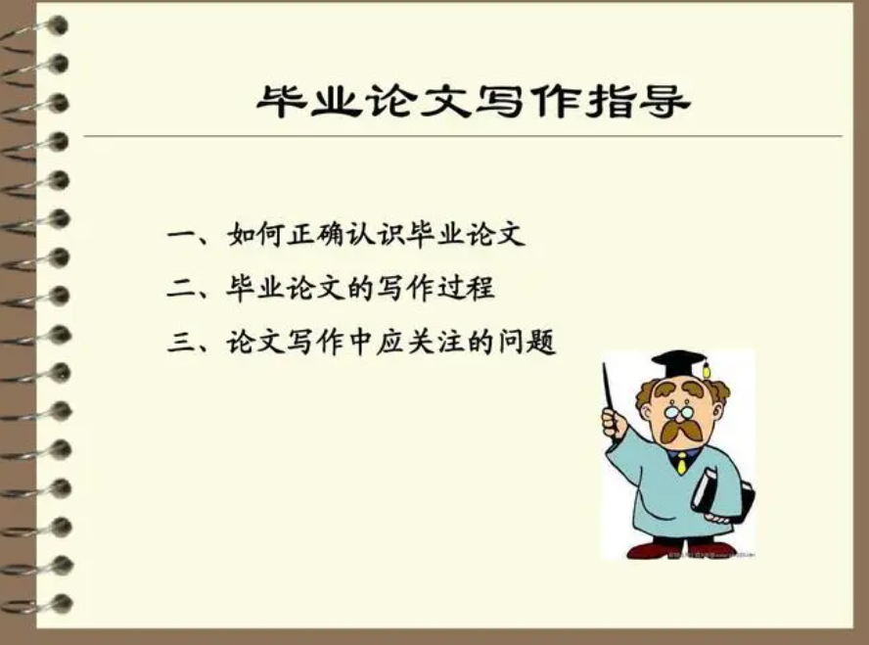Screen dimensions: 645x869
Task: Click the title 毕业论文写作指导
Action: pos(473,101)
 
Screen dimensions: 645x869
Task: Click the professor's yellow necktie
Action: pos(681,462)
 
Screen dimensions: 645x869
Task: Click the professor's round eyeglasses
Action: pos(677,409)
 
